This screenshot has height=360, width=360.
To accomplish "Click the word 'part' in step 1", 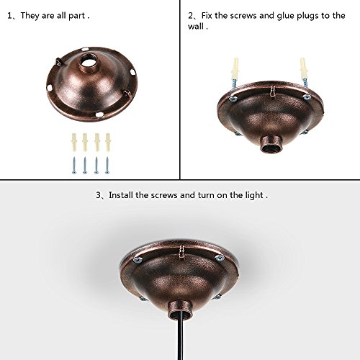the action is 77,16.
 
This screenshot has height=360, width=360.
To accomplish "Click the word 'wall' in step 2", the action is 196,26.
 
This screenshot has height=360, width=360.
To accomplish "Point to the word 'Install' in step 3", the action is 121,195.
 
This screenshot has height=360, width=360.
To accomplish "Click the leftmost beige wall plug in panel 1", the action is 74,143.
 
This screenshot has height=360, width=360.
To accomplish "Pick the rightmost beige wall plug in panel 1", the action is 108,143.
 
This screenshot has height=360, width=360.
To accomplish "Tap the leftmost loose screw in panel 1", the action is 74,165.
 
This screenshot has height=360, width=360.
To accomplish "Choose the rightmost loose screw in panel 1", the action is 107,165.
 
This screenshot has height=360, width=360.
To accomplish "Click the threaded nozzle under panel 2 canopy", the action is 271,143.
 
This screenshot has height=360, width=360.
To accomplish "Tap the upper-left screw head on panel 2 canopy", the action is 233,99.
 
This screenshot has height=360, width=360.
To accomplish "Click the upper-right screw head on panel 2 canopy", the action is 307,97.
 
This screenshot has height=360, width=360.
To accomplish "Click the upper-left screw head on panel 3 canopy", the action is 138,260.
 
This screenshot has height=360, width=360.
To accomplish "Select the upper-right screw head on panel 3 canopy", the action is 220,258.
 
